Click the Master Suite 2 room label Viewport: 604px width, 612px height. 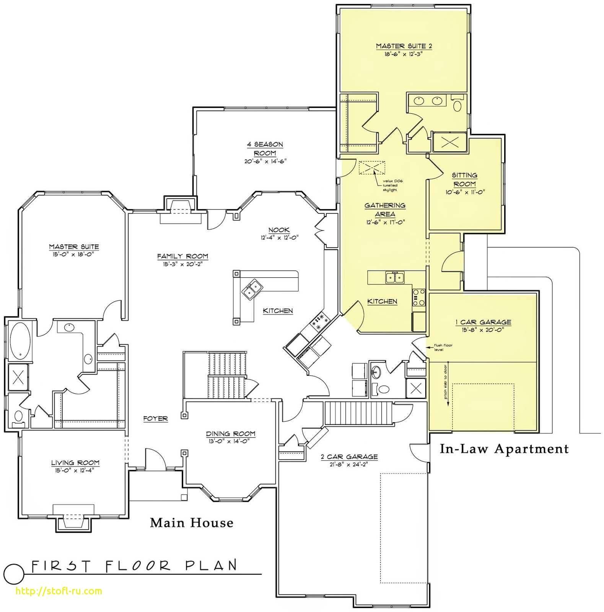(404, 46)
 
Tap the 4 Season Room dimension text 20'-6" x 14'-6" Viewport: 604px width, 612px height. (265, 161)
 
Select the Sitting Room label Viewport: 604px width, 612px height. (464, 179)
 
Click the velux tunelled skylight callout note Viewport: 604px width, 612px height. (390, 185)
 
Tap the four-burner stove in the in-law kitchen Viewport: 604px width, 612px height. (419, 297)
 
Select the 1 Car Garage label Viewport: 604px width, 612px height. (483, 322)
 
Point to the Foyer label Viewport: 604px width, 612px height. (155, 418)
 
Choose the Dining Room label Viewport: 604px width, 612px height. (231, 434)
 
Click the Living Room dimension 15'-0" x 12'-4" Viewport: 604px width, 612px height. (75, 470)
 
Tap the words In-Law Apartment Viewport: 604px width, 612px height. (504, 449)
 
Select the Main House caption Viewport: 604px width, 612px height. (191, 522)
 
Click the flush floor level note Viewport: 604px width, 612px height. (443, 347)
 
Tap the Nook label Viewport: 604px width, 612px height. (279, 230)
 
